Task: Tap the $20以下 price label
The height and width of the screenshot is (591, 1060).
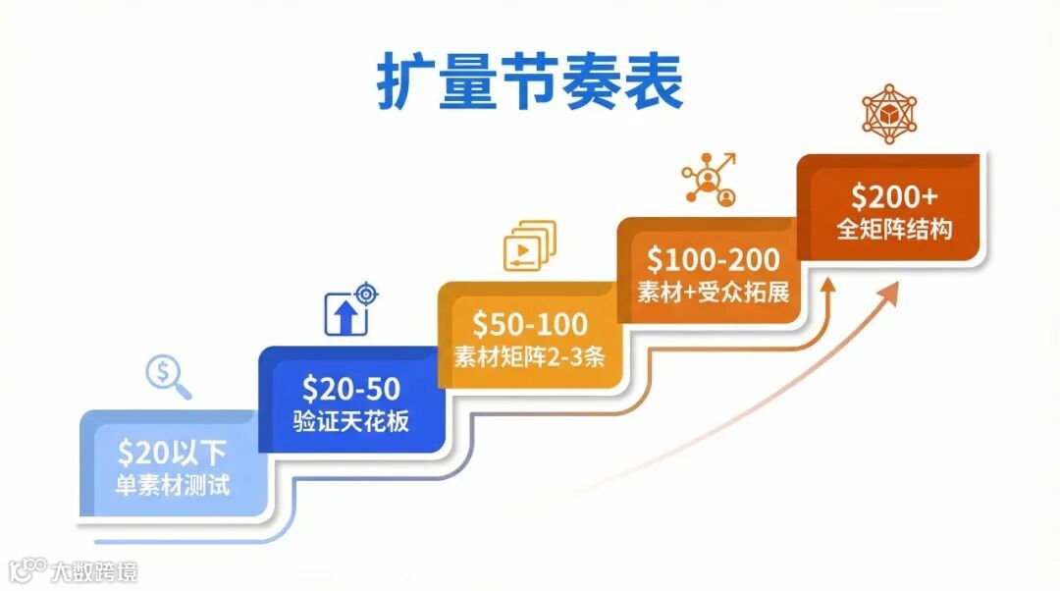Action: point(172,453)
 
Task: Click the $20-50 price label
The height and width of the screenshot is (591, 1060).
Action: point(350,389)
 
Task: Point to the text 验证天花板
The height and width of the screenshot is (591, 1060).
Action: point(350,423)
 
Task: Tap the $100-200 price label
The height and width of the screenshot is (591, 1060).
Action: point(714,260)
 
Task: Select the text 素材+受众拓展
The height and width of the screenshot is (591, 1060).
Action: point(714,293)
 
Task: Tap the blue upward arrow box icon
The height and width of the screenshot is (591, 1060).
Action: point(345,315)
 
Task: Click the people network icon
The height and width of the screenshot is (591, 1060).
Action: point(710,179)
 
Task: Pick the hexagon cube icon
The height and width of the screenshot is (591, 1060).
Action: point(889,112)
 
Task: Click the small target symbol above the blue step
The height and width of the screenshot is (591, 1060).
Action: point(367,293)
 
